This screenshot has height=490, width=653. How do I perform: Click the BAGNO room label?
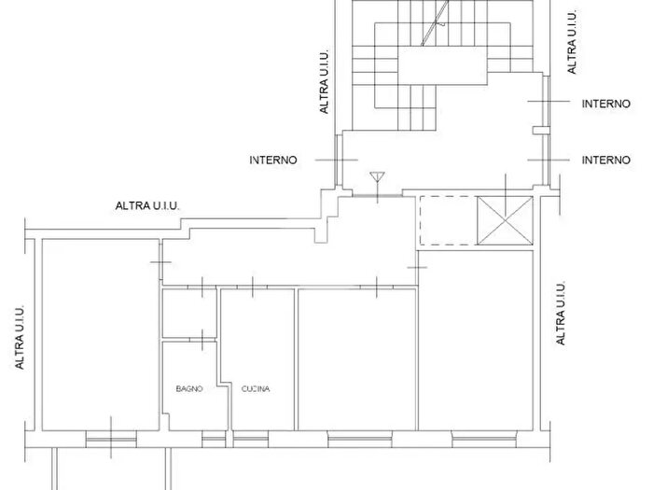pos(189,389)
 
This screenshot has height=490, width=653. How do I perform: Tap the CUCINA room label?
pos(256,389)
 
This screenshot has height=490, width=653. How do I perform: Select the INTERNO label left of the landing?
pos(273,160)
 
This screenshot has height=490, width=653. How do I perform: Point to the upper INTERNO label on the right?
pos(606,104)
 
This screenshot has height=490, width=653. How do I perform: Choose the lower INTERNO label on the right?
pos(606,160)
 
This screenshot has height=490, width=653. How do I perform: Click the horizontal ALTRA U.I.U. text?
pos(147,205)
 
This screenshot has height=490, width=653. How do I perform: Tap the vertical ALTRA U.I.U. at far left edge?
pos(20,337)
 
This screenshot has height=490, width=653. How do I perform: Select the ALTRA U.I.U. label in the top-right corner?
pos(572,42)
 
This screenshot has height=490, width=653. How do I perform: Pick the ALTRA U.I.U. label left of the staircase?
pos(324,82)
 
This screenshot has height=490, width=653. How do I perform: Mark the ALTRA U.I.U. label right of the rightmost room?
pos(561,314)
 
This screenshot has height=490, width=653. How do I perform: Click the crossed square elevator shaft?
pos(505,220)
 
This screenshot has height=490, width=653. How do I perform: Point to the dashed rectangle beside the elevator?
pos(448,220)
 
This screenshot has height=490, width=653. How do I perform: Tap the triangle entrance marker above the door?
pos(377,177)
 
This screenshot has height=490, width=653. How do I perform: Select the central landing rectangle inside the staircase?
pos(443,65)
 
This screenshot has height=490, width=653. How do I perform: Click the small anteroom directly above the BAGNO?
pos(189,313)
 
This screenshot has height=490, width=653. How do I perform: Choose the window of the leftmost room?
pos(111,440)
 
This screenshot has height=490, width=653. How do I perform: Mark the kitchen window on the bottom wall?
pos(250,440)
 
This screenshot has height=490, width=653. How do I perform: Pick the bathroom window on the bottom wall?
pos(214,440)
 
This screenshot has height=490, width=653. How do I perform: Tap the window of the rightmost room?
pos(484,440)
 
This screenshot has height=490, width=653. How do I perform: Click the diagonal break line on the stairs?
pos(435,23)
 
